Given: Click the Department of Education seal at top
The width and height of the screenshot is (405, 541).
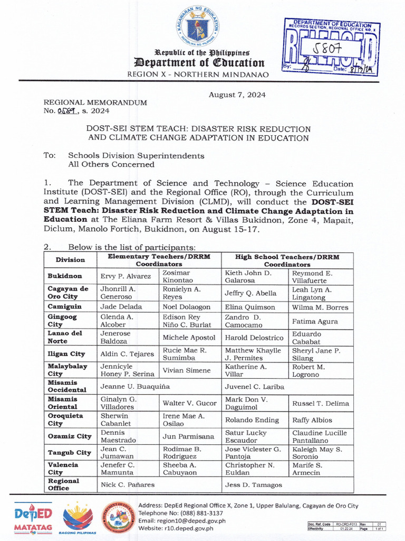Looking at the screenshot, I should point(198,27).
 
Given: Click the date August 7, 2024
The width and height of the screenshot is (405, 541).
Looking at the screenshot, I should point(237,95).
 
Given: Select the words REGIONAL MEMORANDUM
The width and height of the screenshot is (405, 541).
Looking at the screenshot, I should point(95,102).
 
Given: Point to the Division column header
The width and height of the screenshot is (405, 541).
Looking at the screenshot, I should point(70,259).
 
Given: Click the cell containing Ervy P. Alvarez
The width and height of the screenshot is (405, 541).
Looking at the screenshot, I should point(126,276).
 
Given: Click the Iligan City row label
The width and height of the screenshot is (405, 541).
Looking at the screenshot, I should point(66,354).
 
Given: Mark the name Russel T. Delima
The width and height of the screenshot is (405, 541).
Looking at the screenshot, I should point(321,403).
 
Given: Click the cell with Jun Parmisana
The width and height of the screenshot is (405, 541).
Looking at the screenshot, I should point(188,436).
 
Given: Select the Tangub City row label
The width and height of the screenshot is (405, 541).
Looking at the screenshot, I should point(69,453).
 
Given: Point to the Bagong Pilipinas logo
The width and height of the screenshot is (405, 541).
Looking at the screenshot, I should point(78,518).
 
